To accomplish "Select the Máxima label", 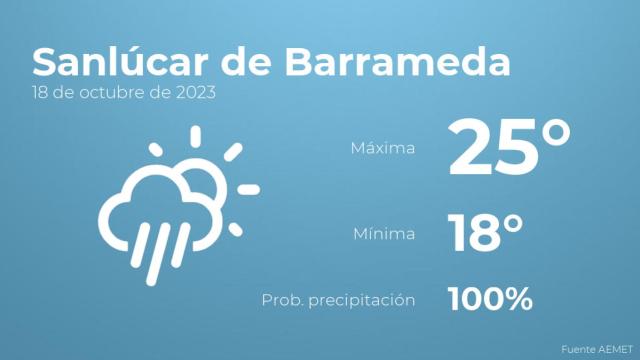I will (382, 149).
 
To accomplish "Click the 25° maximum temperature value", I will (509, 148).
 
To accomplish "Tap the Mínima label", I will (384, 234).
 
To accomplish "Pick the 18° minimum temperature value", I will (485, 233).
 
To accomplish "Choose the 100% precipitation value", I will (490, 298).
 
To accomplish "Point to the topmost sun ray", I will (194, 136).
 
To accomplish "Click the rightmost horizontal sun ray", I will (248, 189).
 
